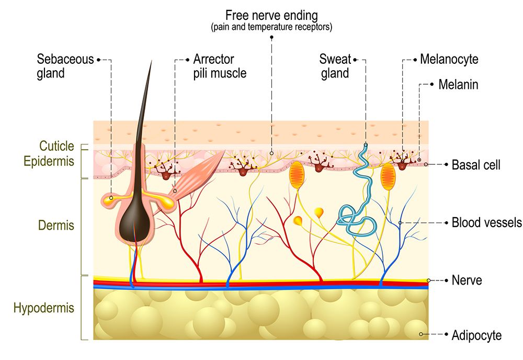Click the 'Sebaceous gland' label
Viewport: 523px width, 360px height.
tap(65, 66)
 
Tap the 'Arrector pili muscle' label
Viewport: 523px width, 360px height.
tap(220, 66)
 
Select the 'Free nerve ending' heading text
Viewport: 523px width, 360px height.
tap(271, 15)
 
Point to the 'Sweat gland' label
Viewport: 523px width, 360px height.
tap(335, 66)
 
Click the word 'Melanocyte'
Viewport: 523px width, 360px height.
tap(449, 59)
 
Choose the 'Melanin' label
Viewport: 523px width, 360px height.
tap(458, 84)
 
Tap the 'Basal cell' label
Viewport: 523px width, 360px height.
tap(476, 165)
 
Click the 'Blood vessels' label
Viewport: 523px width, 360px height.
tap(486, 223)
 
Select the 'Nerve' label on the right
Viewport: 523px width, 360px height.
tap(467, 280)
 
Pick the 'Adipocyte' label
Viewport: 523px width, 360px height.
tap(476, 335)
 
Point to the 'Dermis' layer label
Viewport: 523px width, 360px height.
tap(56, 226)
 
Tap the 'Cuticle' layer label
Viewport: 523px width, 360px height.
tap(56, 146)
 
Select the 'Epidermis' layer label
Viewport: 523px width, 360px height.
tap(49, 161)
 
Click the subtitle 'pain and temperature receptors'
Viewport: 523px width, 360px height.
tap(271, 27)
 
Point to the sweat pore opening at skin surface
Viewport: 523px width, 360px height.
tap(366, 145)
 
